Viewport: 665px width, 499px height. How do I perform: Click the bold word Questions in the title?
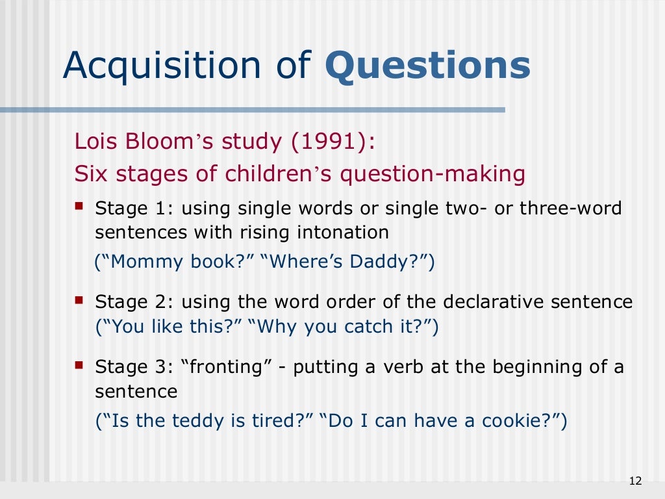click(427, 66)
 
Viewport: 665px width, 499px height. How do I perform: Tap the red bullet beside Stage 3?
click(79, 366)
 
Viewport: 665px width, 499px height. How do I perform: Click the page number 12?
click(635, 481)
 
